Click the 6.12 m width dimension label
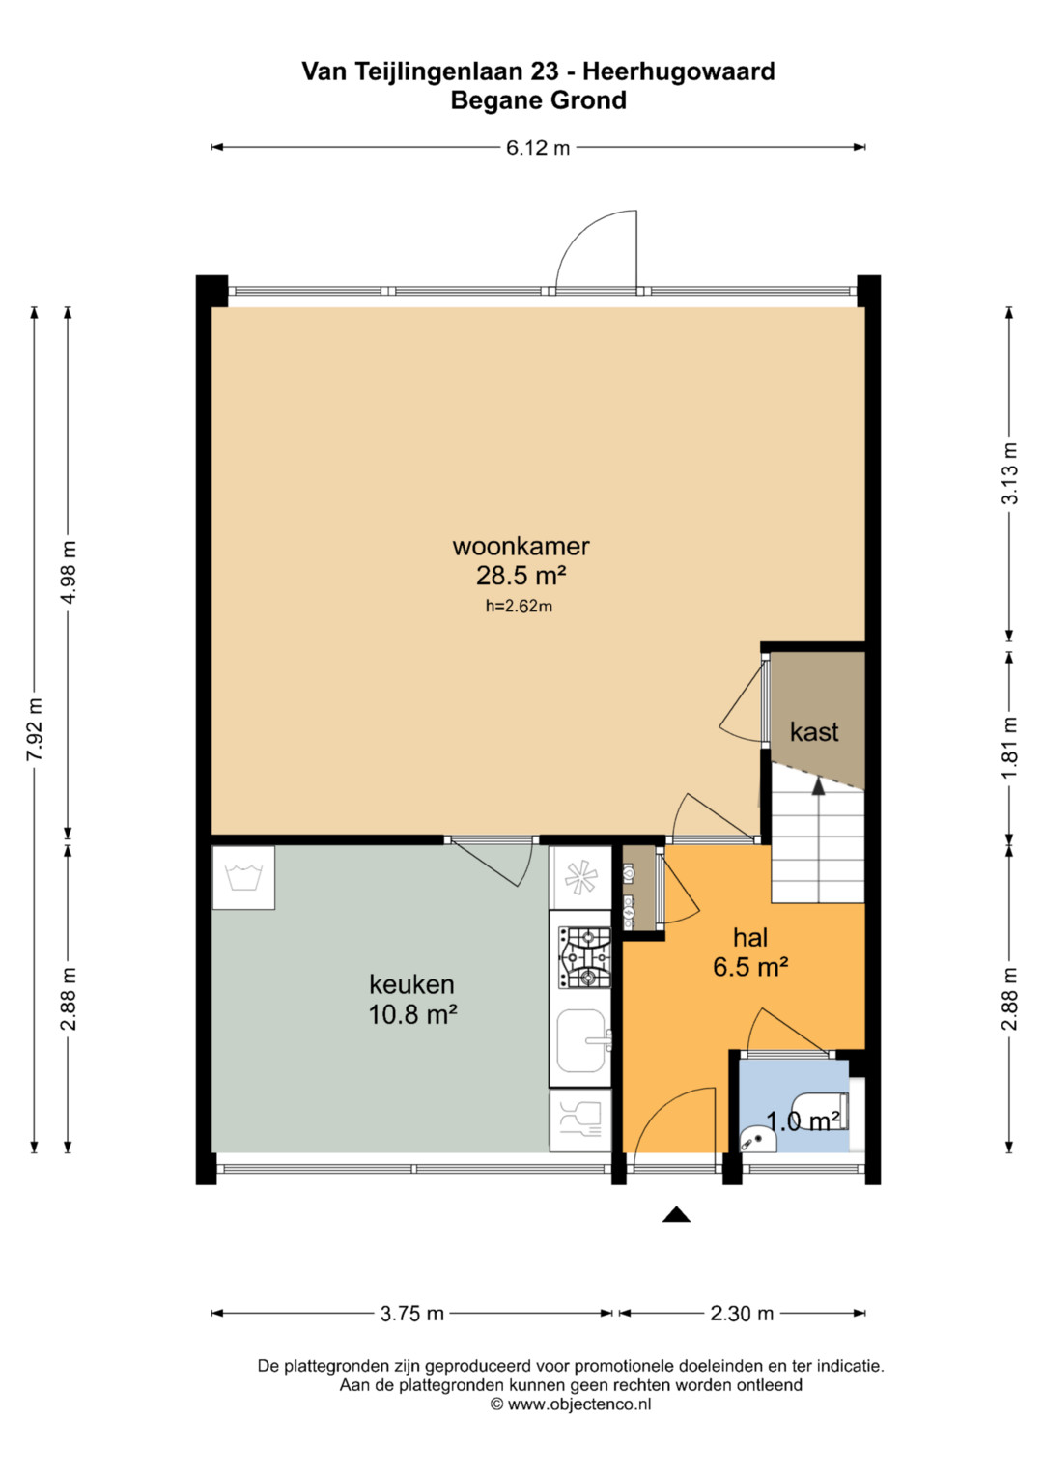[x=537, y=148]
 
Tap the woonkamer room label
[x=521, y=546]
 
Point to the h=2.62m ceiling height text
[x=519, y=606]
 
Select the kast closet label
[x=814, y=731]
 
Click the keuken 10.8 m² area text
[x=412, y=1014]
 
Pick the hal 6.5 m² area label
[x=750, y=967]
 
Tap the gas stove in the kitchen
[x=584, y=957]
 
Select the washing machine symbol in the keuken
[x=243, y=878]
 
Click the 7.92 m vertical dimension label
[x=34, y=729]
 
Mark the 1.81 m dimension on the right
[x=1009, y=747]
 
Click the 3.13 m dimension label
[x=1009, y=472]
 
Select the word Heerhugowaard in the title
[x=678, y=71]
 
